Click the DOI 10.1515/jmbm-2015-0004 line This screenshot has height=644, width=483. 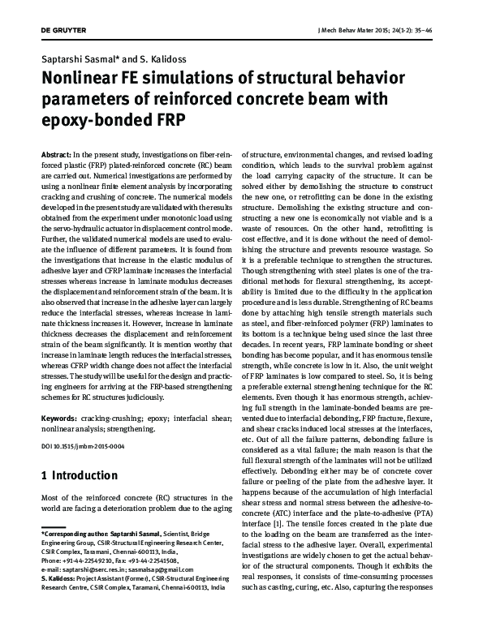coord(82,447)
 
